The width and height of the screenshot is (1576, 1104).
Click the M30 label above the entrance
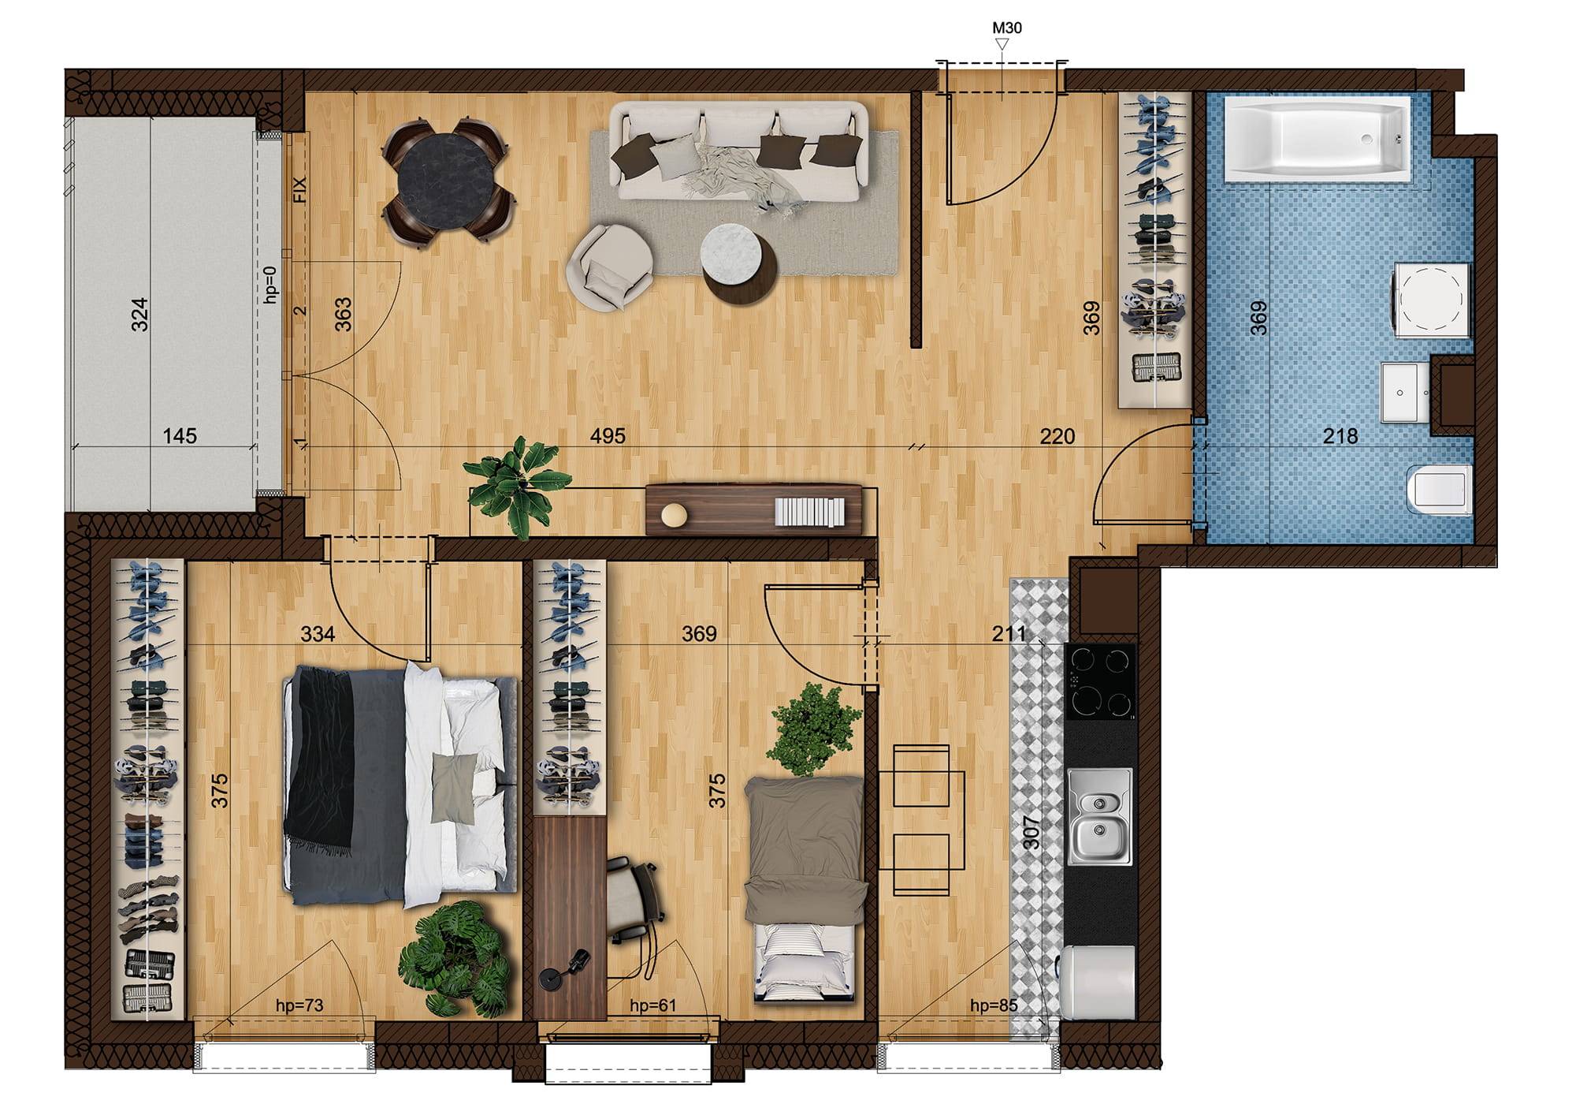tap(1006, 28)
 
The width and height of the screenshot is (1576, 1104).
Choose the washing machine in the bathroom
tap(1433, 300)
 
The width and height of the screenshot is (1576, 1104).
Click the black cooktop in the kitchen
tap(1100, 681)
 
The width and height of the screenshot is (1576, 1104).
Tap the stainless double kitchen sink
tap(1099, 817)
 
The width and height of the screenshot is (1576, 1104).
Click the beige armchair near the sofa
tap(611, 267)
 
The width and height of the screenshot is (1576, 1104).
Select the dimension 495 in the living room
tap(608, 435)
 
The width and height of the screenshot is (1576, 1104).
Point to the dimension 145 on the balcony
tap(180, 435)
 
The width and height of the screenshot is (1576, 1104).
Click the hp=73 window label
tap(299, 1005)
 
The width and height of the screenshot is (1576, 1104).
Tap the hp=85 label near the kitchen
tap(994, 1005)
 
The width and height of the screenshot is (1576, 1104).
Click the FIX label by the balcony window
tap(299, 190)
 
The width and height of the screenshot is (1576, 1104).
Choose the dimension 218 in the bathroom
tap(1340, 435)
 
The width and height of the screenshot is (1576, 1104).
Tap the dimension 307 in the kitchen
tap(1031, 832)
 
